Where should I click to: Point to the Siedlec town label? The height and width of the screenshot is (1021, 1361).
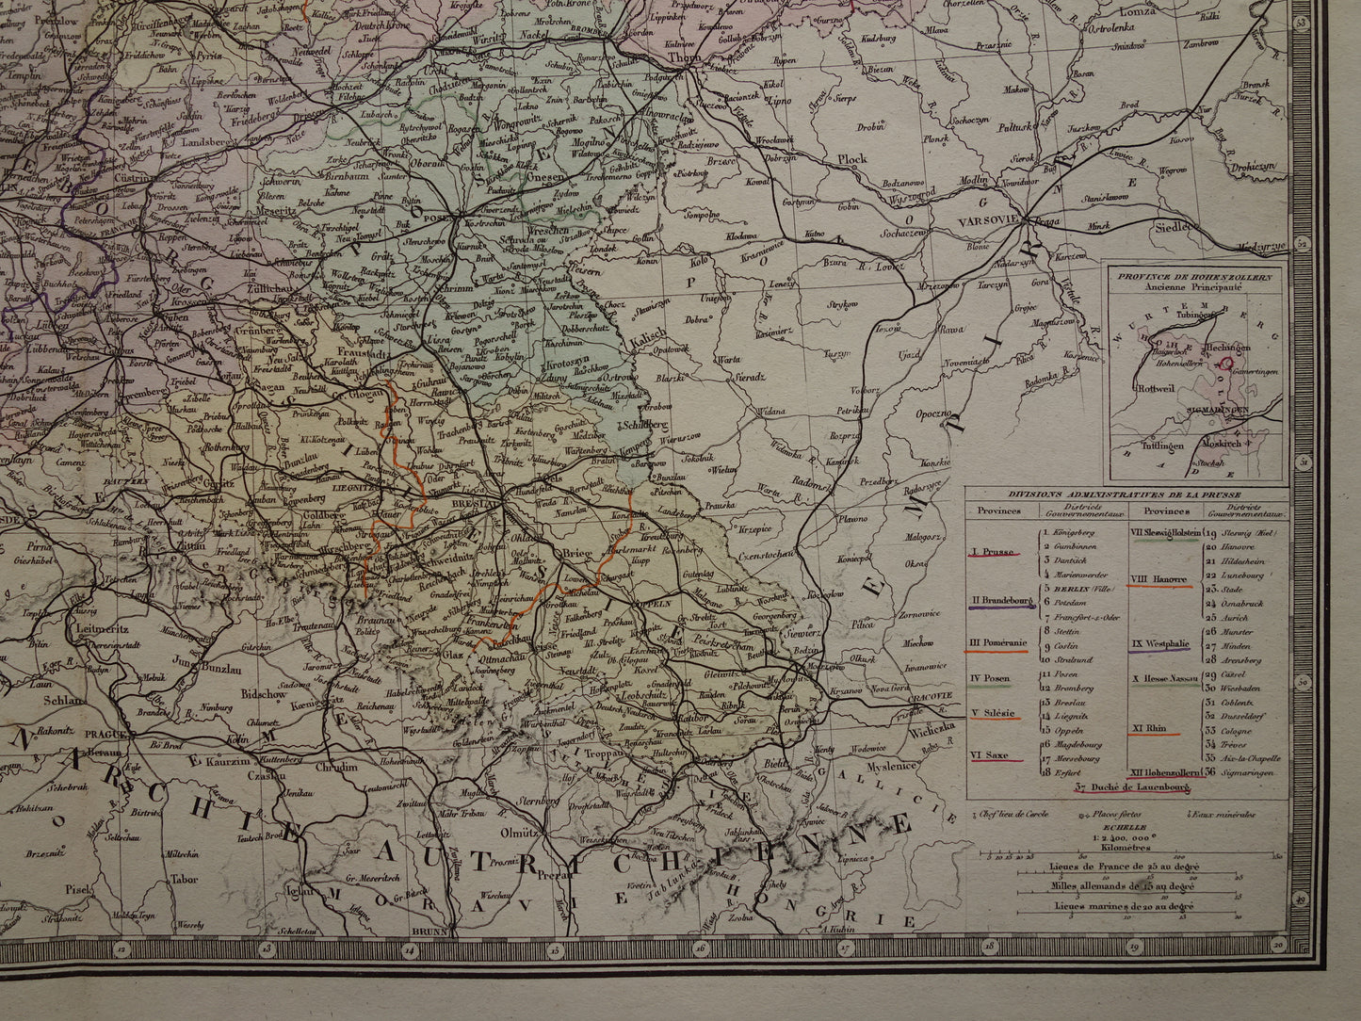point(1179,226)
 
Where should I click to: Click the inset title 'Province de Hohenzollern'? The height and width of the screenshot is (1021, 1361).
point(1195,276)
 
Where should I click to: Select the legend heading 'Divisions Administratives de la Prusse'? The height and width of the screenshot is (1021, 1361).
point(1124,494)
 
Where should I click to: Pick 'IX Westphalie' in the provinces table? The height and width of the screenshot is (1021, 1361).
point(1160,645)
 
